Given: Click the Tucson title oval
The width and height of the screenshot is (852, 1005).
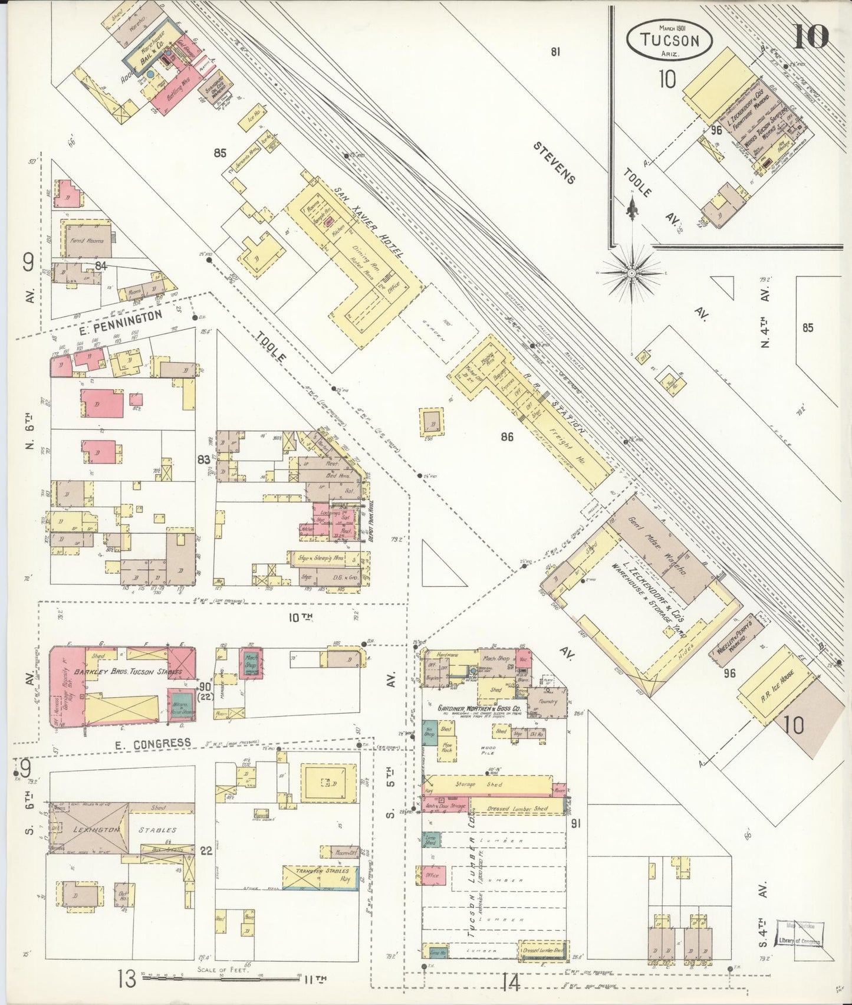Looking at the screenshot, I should point(669,40).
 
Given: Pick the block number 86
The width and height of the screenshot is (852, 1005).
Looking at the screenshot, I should point(506,437).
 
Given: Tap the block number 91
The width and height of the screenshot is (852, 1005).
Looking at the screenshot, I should point(575,823).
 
